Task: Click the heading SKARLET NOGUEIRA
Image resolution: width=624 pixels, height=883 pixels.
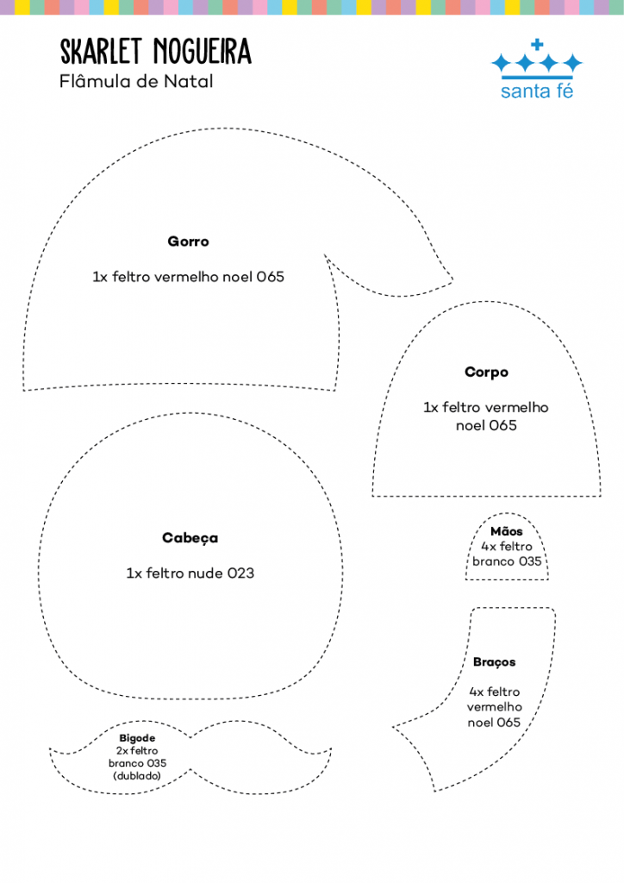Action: pyautogui.click(x=156, y=52)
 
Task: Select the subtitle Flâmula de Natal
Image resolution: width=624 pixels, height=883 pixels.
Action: pyautogui.click(x=136, y=82)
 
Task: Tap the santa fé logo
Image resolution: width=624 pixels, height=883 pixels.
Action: pyautogui.click(x=537, y=69)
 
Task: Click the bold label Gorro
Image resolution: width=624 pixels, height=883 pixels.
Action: pyautogui.click(x=189, y=241)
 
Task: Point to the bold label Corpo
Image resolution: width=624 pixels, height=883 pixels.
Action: pyautogui.click(x=487, y=373)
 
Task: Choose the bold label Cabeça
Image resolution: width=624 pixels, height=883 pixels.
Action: pyautogui.click(x=190, y=538)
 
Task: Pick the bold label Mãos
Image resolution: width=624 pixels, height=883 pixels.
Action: pyautogui.click(x=507, y=531)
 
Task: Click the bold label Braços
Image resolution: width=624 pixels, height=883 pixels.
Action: pyautogui.click(x=494, y=662)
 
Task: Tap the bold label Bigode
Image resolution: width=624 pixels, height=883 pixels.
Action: pyautogui.click(x=137, y=738)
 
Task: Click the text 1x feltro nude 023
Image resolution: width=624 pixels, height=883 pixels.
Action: pyautogui.click(x=190, y=573)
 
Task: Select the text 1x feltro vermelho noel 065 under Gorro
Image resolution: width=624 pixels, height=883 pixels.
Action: pyautogui.click(x=189, y=277)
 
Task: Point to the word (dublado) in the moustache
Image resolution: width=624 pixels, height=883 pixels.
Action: pyautogui.click(x=137, y=776)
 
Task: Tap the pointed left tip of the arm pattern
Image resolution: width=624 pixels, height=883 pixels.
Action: pyautogui.click(x=393, y=727)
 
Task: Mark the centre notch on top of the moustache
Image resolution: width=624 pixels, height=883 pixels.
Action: pyautogui.click(x=190, y=736)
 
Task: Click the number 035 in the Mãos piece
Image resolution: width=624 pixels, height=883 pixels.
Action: pyautogui.click(x=530, y=561)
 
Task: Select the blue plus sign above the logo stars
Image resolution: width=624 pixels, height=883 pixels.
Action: pyautogui.click(x=537, y=44)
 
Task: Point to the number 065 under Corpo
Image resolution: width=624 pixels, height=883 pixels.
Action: pyautogui.click(x=503, y=426)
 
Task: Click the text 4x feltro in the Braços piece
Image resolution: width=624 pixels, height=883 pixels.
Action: pyautogui.click(x=495, y=692)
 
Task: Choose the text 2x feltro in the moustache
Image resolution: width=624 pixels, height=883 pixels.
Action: pyautogui.click(x=137, y=751)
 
